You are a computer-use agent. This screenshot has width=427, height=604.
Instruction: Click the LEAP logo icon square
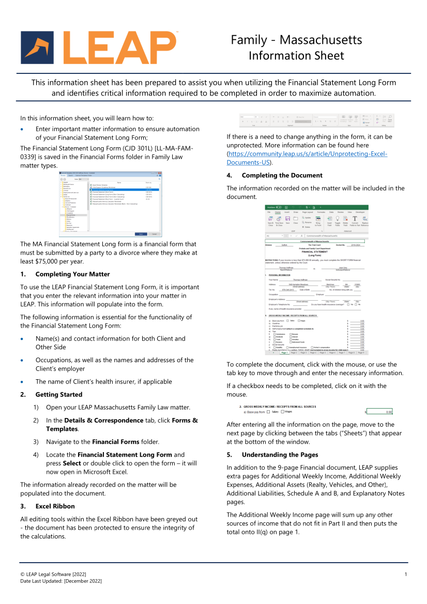38,48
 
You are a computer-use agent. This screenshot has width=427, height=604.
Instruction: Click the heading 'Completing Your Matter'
72,274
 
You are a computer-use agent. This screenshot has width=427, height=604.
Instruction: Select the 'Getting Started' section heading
59,395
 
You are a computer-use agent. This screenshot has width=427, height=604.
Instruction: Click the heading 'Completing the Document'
282,175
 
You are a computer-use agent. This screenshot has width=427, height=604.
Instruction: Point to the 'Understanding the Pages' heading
280,455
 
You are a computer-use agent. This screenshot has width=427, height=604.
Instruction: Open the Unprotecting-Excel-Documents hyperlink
307,158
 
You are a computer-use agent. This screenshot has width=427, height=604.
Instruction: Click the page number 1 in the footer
406,575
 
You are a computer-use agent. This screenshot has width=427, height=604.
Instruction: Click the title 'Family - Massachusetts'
296,40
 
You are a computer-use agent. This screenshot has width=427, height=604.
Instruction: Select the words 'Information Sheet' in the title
296,56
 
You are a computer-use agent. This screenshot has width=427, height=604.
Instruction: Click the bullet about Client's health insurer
103,382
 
